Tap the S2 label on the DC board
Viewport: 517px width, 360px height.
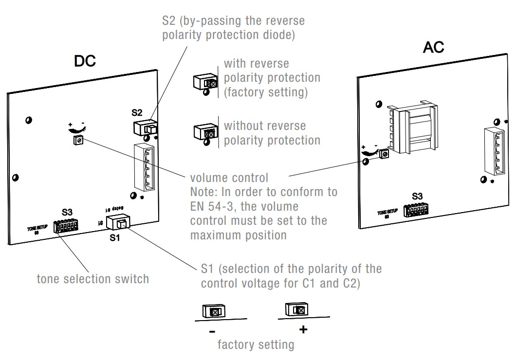(137, 113)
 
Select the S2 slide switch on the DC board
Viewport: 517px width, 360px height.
(145, 128)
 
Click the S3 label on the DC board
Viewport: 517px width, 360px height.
(67, 212)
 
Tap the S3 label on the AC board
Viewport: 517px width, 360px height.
(417, 197)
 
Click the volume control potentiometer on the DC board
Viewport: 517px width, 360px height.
(78, 141)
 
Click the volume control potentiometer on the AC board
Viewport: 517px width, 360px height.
(384, 154)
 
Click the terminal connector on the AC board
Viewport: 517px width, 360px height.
(495, 151)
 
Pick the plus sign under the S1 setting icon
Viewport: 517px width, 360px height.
(303, 330)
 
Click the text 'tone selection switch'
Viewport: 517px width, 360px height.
(93, 279)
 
